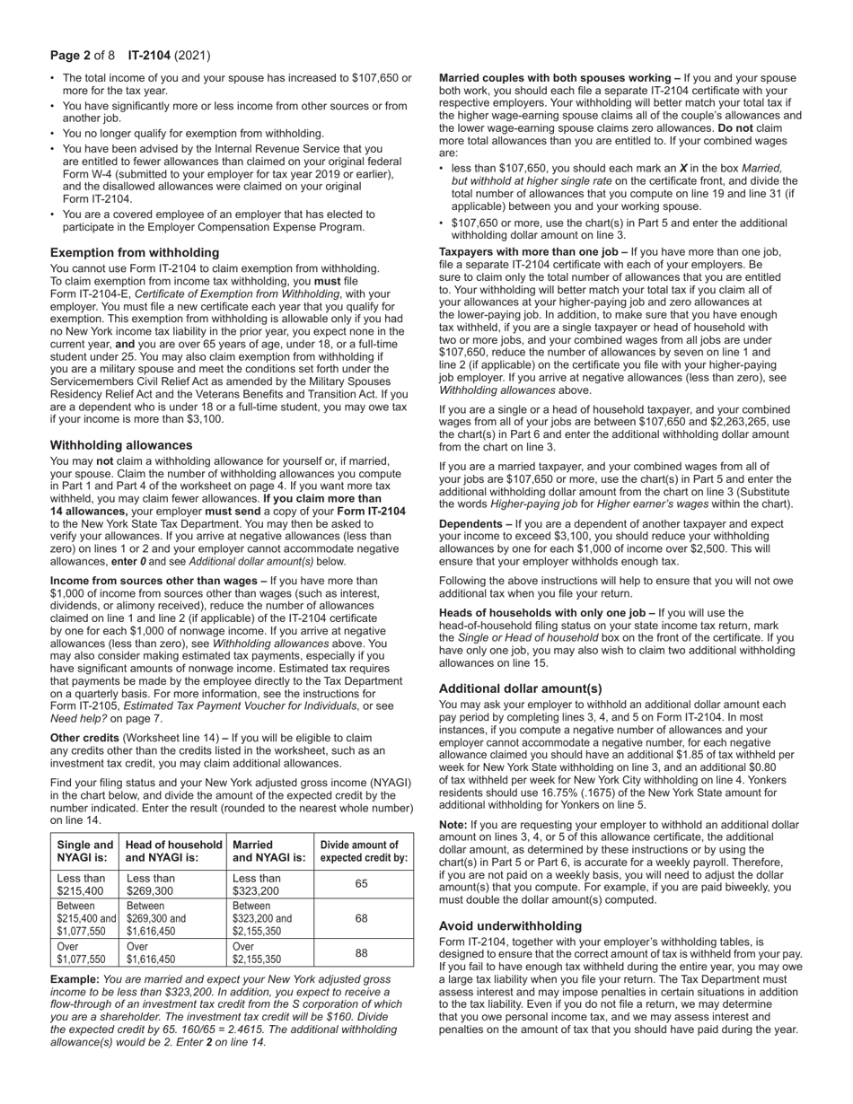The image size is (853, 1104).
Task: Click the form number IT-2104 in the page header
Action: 148,56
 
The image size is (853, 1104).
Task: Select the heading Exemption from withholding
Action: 135,252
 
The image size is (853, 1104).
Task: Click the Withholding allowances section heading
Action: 121,445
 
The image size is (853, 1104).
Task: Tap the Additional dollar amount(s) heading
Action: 520,688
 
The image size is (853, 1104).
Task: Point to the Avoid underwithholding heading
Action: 510,925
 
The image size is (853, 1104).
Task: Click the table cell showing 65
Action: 362,884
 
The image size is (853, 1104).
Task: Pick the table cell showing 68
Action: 362,918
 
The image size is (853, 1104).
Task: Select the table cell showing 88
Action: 362,952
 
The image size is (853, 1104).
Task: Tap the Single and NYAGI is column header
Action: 85,852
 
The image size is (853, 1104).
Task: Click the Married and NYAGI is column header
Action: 268,852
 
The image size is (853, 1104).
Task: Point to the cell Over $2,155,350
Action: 268,952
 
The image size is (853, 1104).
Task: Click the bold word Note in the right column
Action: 452,825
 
